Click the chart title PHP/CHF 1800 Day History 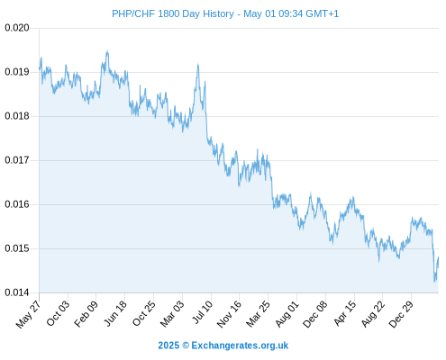(x=173, y=13)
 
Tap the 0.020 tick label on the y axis (x=17, y=28)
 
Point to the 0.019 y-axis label (x=17, y=72)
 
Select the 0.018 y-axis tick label (x=17, y=116)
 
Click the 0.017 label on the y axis (x=17, y=160)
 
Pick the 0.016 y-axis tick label (x=17, y=204)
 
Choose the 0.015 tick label (x=17, y=248)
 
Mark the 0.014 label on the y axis (x=17, y=292)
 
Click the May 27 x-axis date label (x=29, y=314)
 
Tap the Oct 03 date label (x=58, y=313)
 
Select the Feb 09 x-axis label (x=86, y=314)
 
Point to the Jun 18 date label (x=115, y=313)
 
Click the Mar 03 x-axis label (x=172, y=314)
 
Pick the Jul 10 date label (x=202, y=312)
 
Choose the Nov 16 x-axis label (x=229, y=314)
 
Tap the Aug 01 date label (x=287, y=314)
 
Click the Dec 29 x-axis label (x=401, y=314)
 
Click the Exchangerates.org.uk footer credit (x=240, y=346)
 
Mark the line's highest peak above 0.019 (x=107, y=51)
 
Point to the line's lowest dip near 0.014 (x=434, y=281)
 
